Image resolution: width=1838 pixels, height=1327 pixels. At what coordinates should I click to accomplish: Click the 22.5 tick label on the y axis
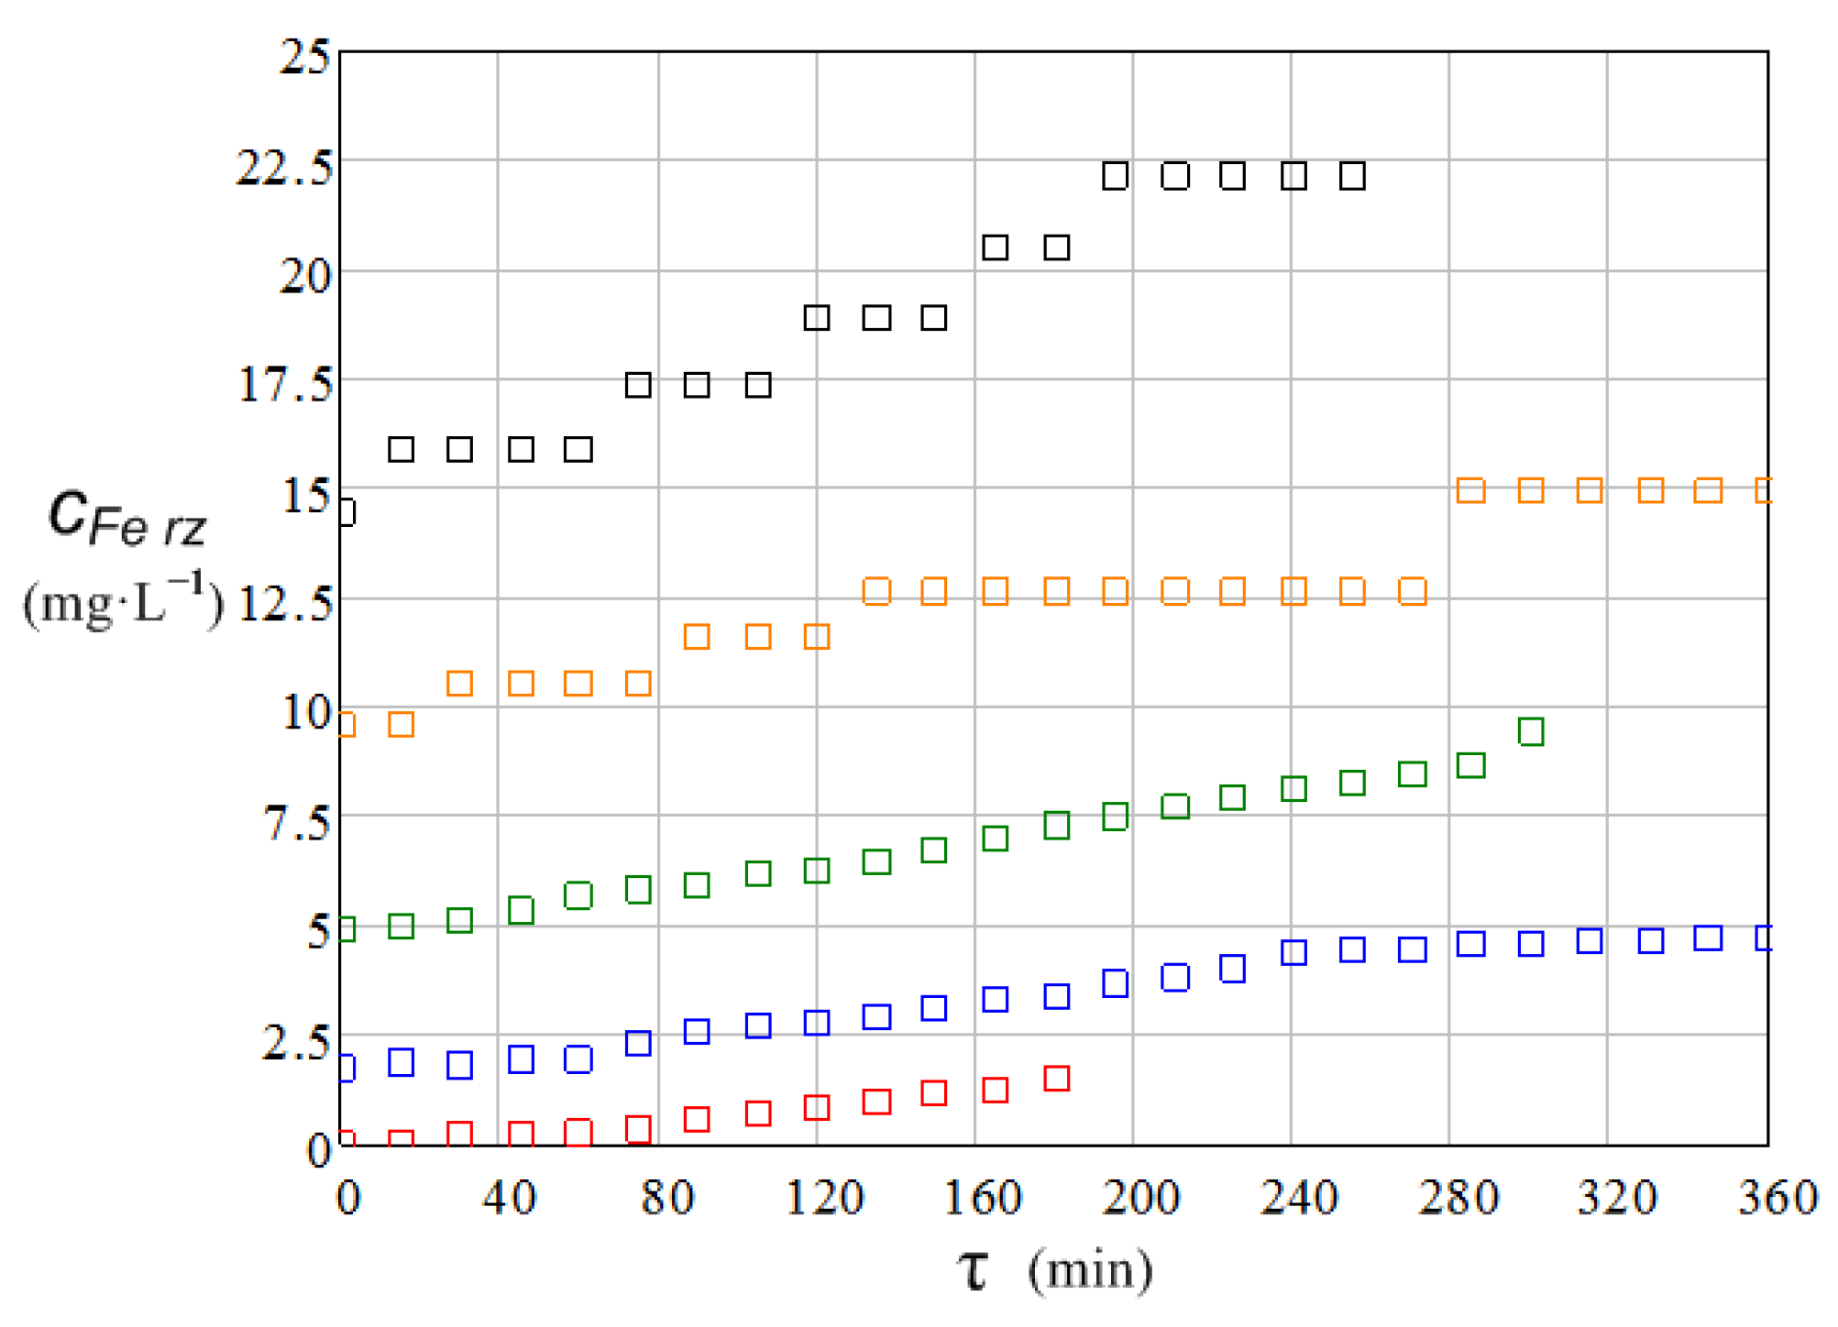click(x=284, y=168)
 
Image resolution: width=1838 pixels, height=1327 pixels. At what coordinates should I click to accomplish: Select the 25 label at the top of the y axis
click(x=304, y=57)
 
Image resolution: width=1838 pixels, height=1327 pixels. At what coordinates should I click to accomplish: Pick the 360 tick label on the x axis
click(x=1777, y=1197)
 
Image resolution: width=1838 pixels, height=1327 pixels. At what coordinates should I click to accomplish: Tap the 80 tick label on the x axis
click(x=666, y=1197)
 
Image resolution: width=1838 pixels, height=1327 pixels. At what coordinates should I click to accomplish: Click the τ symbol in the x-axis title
click(x=974, y=1271)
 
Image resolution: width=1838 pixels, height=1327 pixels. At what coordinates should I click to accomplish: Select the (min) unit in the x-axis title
click(x=1090, y=1271)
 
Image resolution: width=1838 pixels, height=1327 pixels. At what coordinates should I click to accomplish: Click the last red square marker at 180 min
click(x=1057, y=1079)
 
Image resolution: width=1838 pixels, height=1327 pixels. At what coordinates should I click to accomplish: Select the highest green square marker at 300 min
click(x=1531, y=731)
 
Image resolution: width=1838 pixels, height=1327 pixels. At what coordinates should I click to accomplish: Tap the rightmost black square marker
click(x=1352, y=175)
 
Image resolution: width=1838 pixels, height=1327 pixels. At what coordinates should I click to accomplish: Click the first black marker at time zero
click(x=347, y=511)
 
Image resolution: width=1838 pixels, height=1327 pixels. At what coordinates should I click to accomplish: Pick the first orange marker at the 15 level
click(x=1470, y=490)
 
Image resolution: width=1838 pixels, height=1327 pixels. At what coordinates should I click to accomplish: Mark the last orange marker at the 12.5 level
click(x=1413, y=591)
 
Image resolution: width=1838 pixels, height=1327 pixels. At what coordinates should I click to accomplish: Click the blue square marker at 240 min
click(x=1293, y=952)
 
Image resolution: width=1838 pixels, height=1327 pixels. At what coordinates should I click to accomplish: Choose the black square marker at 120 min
click(x=817, y=318)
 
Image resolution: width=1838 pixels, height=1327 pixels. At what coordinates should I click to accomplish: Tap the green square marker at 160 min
click(x=996, y=839)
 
